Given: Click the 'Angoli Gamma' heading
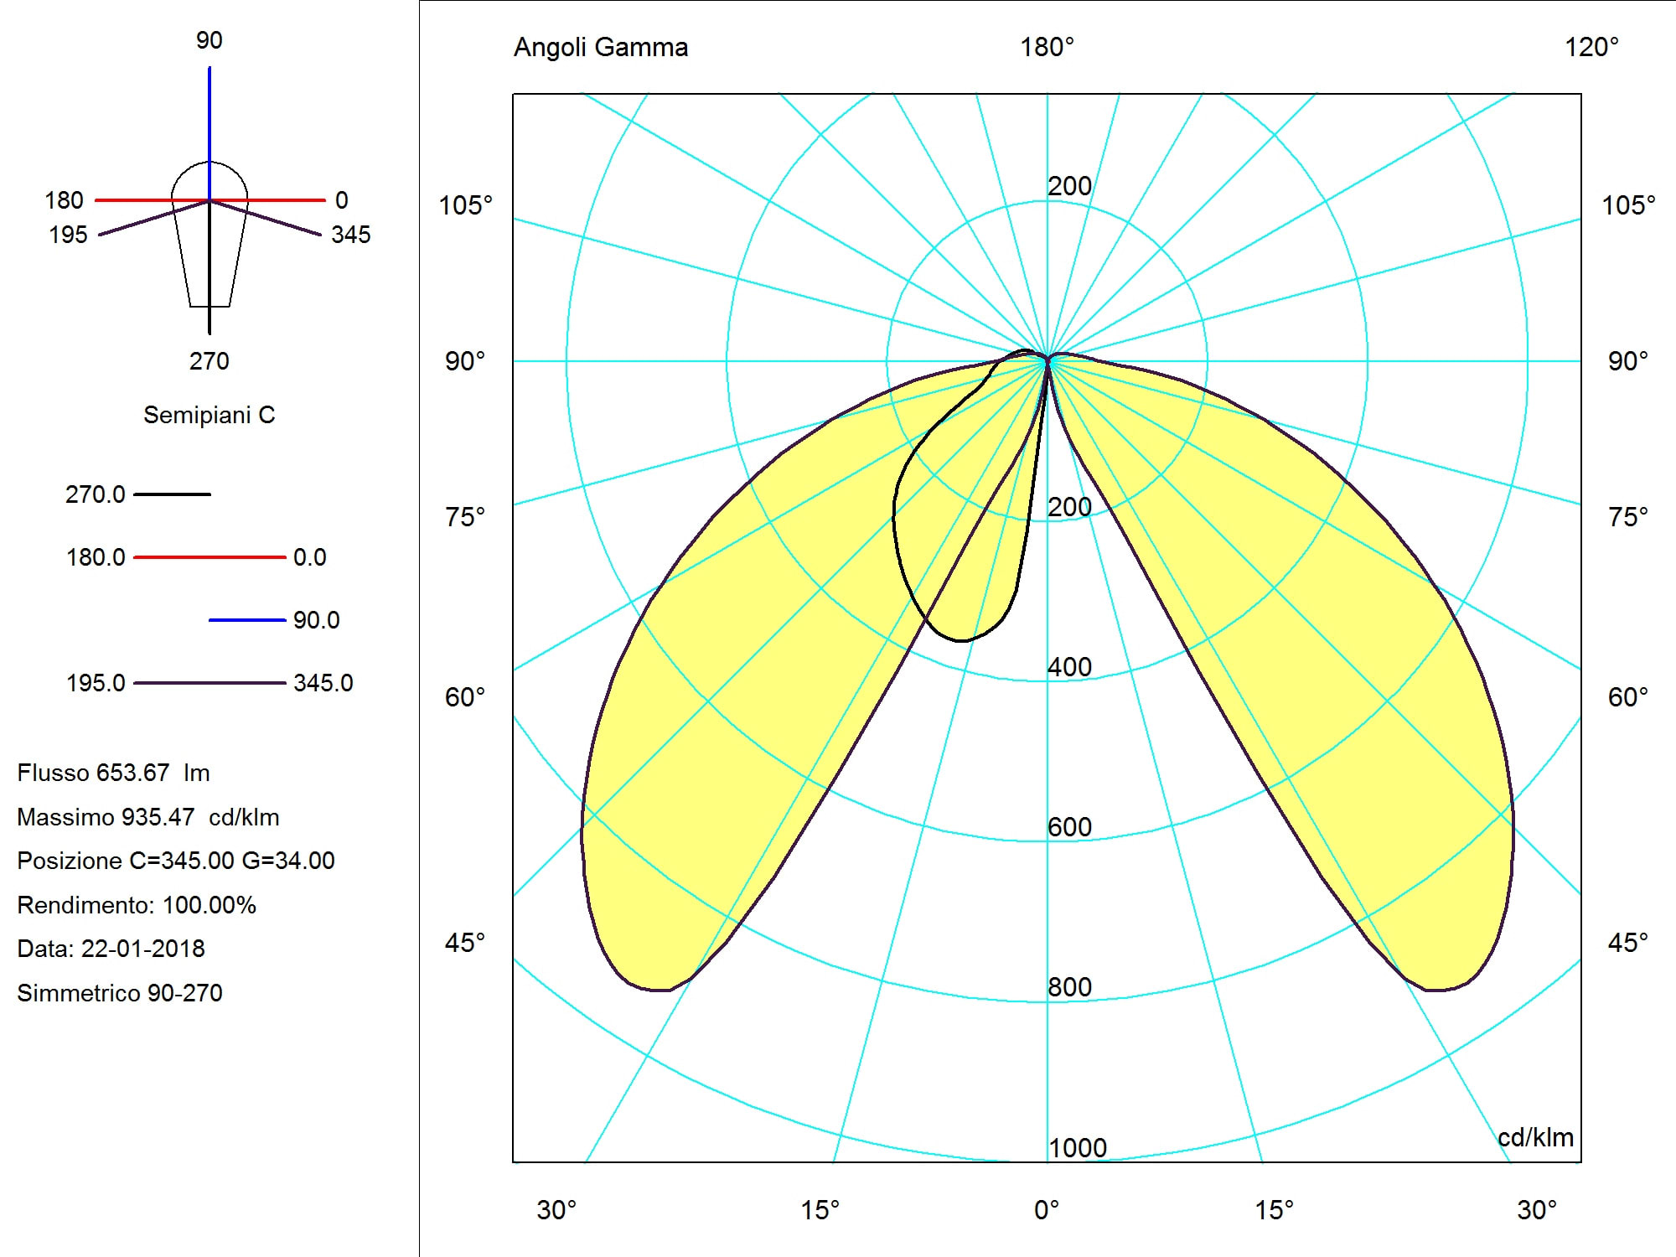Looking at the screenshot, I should click(600, 47).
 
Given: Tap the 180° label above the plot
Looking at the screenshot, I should click(1047, 47).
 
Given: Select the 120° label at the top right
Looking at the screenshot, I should click(1591, 47).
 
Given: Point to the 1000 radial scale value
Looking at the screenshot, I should click(1078, 1147).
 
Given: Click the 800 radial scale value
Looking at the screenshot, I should click(1070, 987).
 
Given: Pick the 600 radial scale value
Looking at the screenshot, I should click(1070, 827).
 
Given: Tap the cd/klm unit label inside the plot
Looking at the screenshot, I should click(1535, 1137).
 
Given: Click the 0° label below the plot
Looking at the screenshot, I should click(1047, 1210).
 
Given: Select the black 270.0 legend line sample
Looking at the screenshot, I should click(172, 494).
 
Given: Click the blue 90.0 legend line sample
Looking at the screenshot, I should click(247, 620).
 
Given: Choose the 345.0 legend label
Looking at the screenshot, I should click(323, 683).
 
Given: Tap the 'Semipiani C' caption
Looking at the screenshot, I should click(209, 415).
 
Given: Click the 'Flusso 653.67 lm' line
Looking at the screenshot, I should click(113, 773).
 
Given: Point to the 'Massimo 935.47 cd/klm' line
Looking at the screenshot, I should click(148, 817).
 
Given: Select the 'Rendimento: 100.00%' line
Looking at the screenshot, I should click(137, 905).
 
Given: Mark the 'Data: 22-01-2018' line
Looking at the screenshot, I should click(111, 949).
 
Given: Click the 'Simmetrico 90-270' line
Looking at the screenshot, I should click(120, 993).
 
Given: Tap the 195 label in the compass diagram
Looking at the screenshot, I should click(68, 235).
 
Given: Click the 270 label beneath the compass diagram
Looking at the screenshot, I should click(209, 361).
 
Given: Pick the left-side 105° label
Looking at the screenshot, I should click(466, 205).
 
